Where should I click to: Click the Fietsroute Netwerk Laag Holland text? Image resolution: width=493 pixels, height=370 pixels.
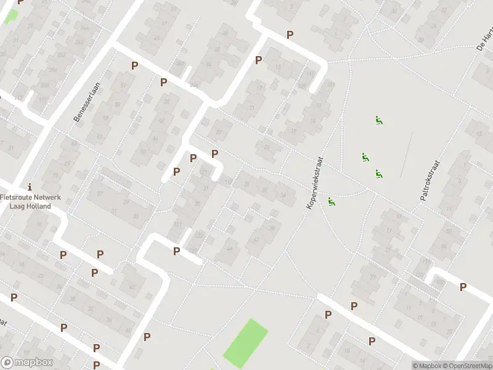pyautogui.click(x=30, y=201)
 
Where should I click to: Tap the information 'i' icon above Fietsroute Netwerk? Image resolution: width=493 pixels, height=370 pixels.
pyautogui.click(x=30, y=187)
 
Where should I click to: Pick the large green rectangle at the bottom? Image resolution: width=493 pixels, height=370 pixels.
pyautogui.click(x=245, y=343)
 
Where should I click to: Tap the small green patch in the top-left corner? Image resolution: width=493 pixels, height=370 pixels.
pyautogui.click(x=11, y=16)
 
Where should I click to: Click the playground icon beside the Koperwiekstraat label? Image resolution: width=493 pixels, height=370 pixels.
pyautogui.click(x=332, y=201)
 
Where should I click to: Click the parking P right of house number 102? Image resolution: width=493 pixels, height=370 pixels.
pyautogui.click(x=463, y=286)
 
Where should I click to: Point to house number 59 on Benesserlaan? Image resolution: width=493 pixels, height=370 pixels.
pyautogui.click(x=106, y=118)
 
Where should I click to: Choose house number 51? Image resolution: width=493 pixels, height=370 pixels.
pyautogui.click(x=124, y=86)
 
